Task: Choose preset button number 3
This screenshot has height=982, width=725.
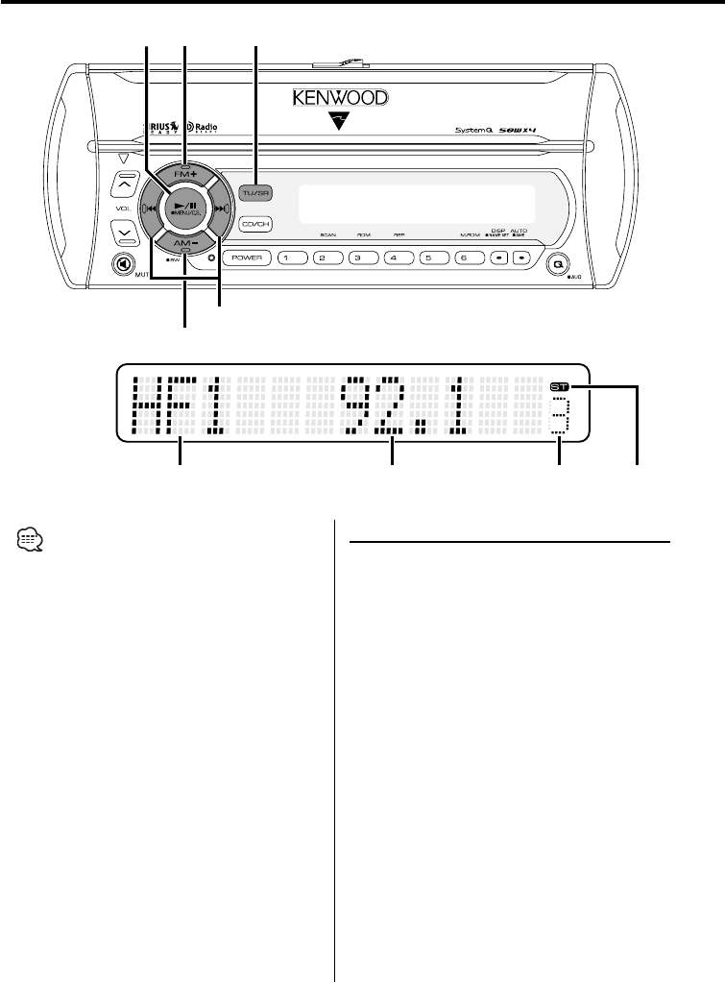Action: click(x=358, y=258)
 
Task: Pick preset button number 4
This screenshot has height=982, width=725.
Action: click(x=393, y=258)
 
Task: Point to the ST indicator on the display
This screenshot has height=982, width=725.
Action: click(x=559, y=388)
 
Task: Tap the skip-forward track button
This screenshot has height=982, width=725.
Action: click(x=220, y=205)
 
